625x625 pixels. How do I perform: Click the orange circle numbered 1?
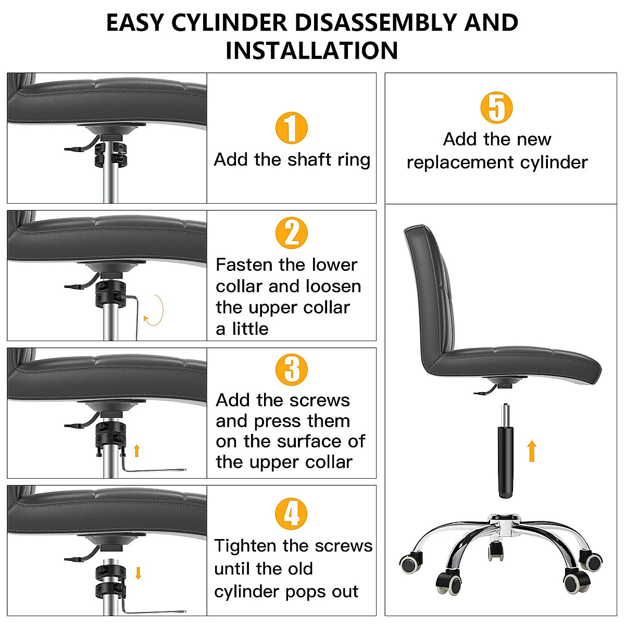pyautogui.click(x=291, y=128)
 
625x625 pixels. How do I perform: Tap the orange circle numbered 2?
pyautogui.click(x=291, y=233)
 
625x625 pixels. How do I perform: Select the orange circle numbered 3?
pyautogui.click(x=291, y=369)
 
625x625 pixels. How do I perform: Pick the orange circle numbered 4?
pyautogui.click(x=291, y=514)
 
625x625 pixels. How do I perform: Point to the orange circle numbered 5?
pyautogui.click(x=496, y=108)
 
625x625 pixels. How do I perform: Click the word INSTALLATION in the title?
pyautogui.click(x=311, y=51)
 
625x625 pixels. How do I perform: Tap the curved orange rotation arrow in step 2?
pyautogui.click(x=155, y=311)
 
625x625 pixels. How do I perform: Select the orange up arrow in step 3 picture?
pyautogui.click(x=137, y=451)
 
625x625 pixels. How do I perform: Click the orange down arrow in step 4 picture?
pyautogui.click(x=138, y=573)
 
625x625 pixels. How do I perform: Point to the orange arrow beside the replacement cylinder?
pyautogui.click(x=531, y=451)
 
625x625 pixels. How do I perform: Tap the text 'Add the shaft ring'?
pyautogui.click(x=292, y=159)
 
